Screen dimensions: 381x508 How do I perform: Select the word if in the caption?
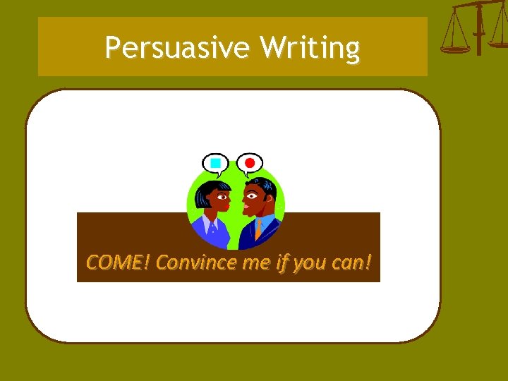pos(281,262)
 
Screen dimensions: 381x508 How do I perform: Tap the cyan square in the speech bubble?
pos(216,164)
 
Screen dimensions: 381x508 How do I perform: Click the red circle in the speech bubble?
pos(249,164)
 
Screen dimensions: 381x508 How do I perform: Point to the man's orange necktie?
pos(259,227)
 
